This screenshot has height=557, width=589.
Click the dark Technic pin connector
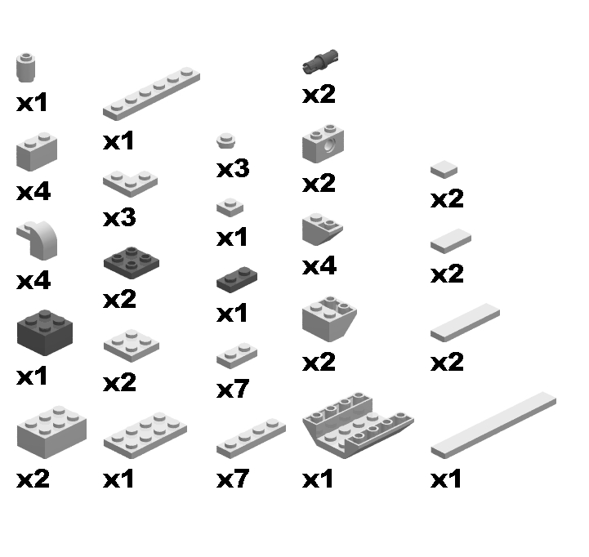pos(320,61)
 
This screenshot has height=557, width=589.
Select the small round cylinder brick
pos(25,68)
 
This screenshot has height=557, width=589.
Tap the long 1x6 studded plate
pos(151,94)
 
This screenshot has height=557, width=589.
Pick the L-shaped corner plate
pos(131,183)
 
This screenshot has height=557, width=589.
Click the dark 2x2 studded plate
pos(131,262)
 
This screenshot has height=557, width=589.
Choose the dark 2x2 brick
pos(45,332)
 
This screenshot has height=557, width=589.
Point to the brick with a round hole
pos(323,144)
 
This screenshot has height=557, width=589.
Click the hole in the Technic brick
pos(330,145)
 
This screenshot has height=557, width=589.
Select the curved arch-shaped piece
pos(38,240)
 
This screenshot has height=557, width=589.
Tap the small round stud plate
pos(226,140)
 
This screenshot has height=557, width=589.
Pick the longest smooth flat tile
pos(493,426)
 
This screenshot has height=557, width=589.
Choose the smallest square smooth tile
pos(444,169)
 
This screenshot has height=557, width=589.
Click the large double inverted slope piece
pos(358,426)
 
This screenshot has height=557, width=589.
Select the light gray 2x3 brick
pos(51,432)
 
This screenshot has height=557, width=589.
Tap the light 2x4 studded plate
pos(145,435)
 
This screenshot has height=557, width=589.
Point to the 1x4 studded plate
pos(251,439)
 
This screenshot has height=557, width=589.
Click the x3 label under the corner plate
pos(119,217)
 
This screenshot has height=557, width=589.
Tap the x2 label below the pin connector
pos(319,94)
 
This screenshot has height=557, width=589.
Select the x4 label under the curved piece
pos(33,281)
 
